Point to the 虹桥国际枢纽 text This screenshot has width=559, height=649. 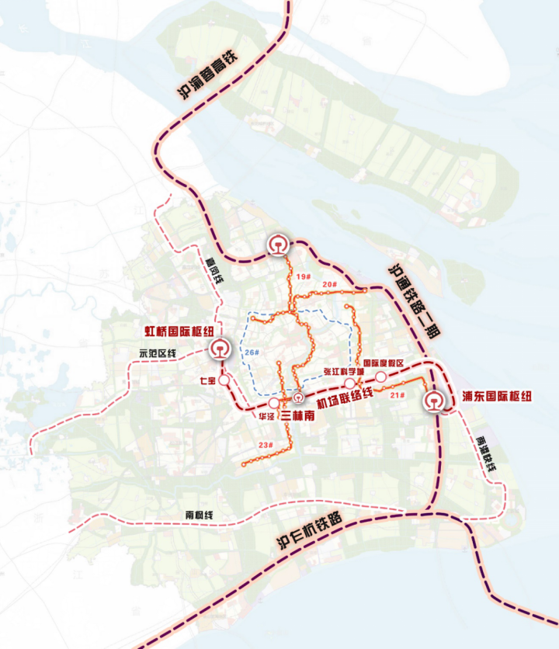click(x=179, y=331)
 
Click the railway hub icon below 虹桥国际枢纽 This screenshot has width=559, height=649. click(x=220, y=349)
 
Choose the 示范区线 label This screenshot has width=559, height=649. click(x=158, y=353)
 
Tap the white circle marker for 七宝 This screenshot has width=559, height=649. click(x=224, y=381)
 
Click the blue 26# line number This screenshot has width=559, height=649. click(x=251, y=352)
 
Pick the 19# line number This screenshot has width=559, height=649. click(x=303, y=277)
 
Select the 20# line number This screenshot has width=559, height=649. click(x=329, y=285)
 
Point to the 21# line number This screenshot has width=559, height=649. click(x=398, y=395)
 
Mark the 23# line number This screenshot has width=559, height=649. click(x=266, y=445)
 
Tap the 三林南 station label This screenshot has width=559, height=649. click(x=298, y=416)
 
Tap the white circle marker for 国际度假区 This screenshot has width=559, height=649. click(x=381, y=377)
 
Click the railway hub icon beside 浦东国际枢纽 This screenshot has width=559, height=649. click(x=433, y=401)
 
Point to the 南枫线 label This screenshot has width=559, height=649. click(x=200, y=515)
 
